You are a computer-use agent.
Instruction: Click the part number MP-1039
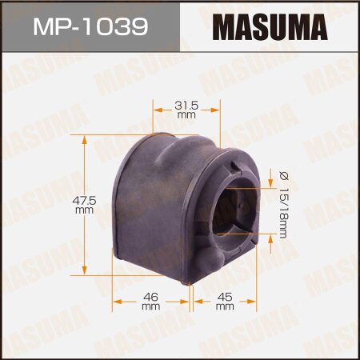point(89,26)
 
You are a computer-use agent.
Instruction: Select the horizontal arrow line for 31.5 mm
point(186,123)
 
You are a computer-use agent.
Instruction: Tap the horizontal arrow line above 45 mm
point(225,302)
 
